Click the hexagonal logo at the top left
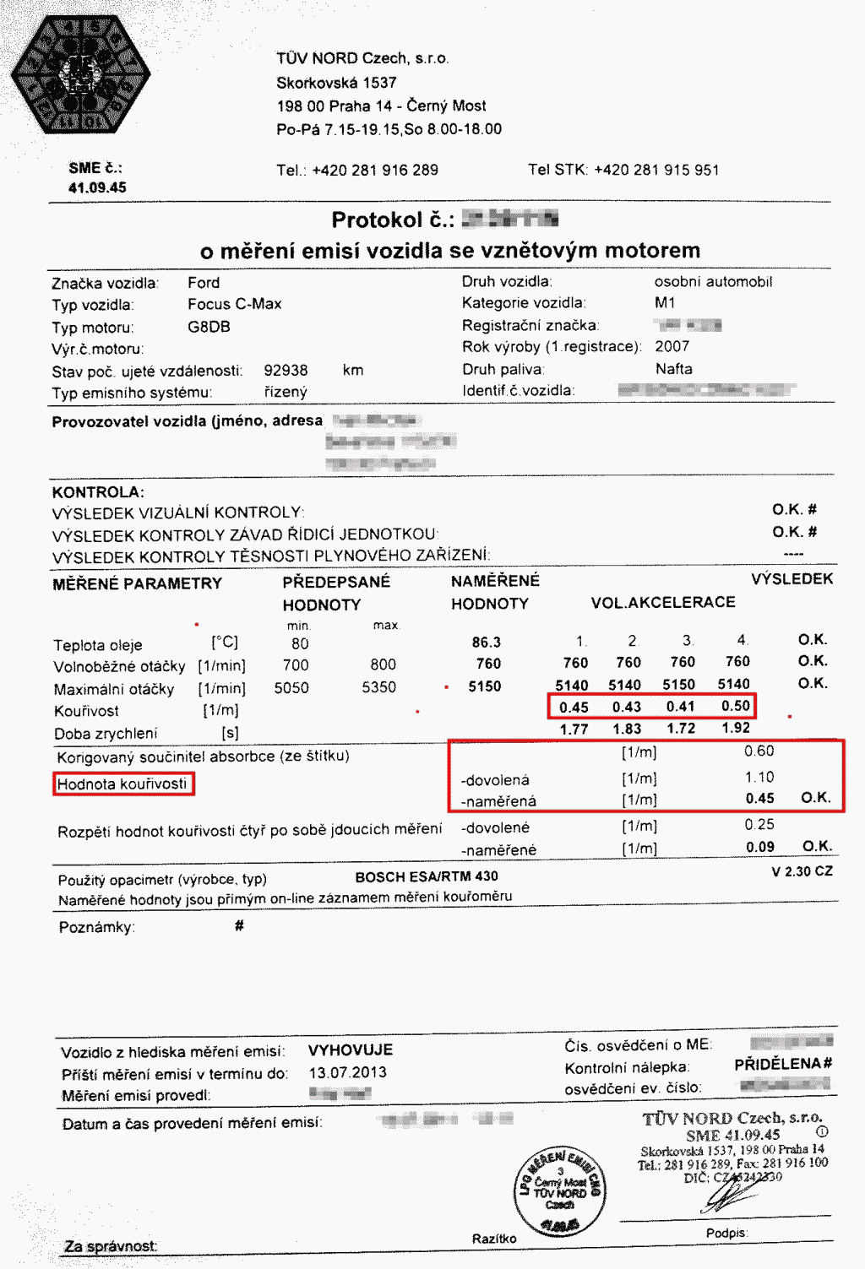click(x=80, y=75)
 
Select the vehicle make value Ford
click(x=204, y=283)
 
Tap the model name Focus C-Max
click(x=235, y=304)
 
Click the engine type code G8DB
click(x=209, y=327)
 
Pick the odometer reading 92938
click(x=286, y=371)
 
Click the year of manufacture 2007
click(x=672, y=346)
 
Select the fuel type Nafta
click(x=674, y=369)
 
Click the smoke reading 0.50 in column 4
click(x=735, y=706)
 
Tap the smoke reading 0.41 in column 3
click(x=680, y=707)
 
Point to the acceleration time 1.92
click(x=735, y=728)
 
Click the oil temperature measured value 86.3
click(x=487, y=643)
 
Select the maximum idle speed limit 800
click(x=383, y=664)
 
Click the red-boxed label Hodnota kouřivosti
click(x=122, y=784)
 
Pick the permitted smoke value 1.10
click(x=759, y=777)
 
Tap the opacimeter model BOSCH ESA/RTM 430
click(x=427, y=876)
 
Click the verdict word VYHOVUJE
click(x=351, y=1050)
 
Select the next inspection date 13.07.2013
click(x=348, y=1073)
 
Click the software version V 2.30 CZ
click(x=802, y=871)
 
